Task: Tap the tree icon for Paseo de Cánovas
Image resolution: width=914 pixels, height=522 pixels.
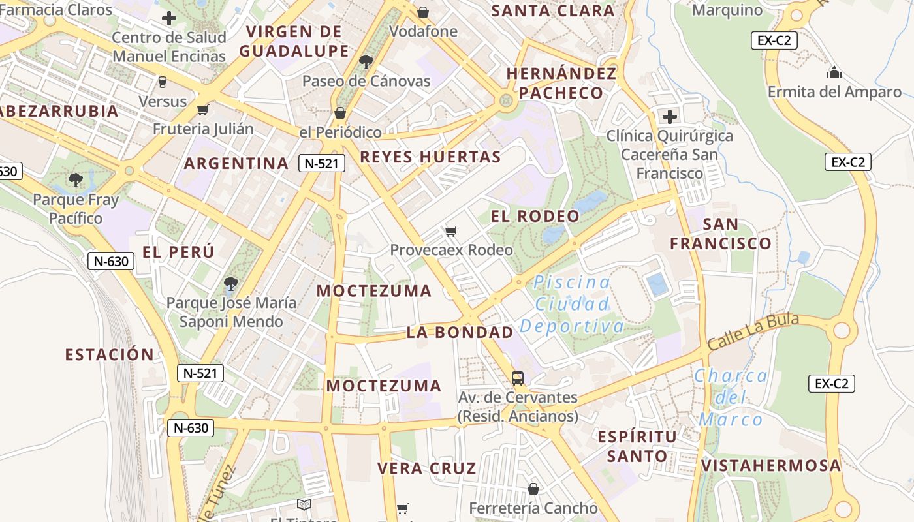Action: pyautogui.click(x=366, y=62)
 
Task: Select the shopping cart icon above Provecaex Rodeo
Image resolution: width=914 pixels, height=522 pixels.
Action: pyautogui.click(x=450, y=231)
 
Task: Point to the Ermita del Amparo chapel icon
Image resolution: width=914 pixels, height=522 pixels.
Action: pyautogui.click(x=834, y=72)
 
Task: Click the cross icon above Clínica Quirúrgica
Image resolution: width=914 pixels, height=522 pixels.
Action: pyautogui.click(x=670, y=117)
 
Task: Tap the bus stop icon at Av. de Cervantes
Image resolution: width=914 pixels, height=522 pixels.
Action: pyautogui.click(x=518, y=378)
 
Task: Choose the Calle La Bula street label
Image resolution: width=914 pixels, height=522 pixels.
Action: pyautogui.click(x=753, y=331)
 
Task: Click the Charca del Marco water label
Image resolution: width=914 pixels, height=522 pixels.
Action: pyautogui.click(x=731, y=397)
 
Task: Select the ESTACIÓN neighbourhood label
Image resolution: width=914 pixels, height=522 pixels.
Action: pyautogui.click(x=110, y=355)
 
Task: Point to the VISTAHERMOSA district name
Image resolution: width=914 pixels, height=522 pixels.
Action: pyautogui.click(x=771, y=466)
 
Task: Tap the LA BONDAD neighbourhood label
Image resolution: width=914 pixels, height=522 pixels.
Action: pyautogui.click(x=460, y=333)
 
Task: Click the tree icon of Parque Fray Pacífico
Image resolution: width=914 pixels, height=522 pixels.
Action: pyautogui.click(x=76, y=179)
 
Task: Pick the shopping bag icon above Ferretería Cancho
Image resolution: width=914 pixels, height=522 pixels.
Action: pyautogui.click(x=533, y=489)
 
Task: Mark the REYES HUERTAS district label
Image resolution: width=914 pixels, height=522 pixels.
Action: pyautogui.click(x=430, y=157)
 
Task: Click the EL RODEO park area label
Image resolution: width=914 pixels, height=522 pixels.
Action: pyautogui.click(x=535, y=217)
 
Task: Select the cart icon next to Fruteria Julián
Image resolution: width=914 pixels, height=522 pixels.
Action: pyautogui.click(x=203, y=110)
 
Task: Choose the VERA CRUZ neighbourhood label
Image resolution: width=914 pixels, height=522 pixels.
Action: pyautogui.click(x=427, y=468)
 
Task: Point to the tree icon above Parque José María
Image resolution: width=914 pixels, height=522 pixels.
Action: pyautogui.click(x=230, y=283)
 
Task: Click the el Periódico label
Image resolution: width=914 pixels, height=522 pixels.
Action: pyautogui.click(x=340, y=132)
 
